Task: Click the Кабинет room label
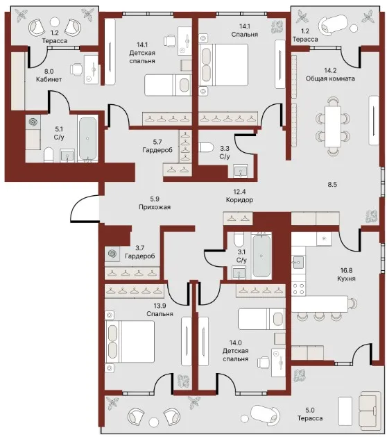tap(49, 79)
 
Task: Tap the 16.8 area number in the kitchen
tap(346, 270)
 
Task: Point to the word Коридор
tap(239, 199)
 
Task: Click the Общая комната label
tap(330, 79)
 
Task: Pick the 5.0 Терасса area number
tap(309, 410)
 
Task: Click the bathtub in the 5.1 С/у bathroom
tap(87, 138)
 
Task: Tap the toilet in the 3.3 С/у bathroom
tap(206, 147)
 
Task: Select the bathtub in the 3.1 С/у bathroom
tap(261, 256)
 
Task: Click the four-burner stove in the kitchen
tap(298, 289)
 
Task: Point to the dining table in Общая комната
tap(333, 126)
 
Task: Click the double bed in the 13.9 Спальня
tap(130, 342)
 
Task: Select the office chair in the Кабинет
tap(76, 69)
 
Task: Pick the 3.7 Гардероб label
tap(140, 252)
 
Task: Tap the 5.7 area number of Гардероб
tap(157, 142)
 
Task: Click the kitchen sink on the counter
tap(298, 262)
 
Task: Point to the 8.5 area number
tap(332, 185)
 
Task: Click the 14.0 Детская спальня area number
tap(235, 343)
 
